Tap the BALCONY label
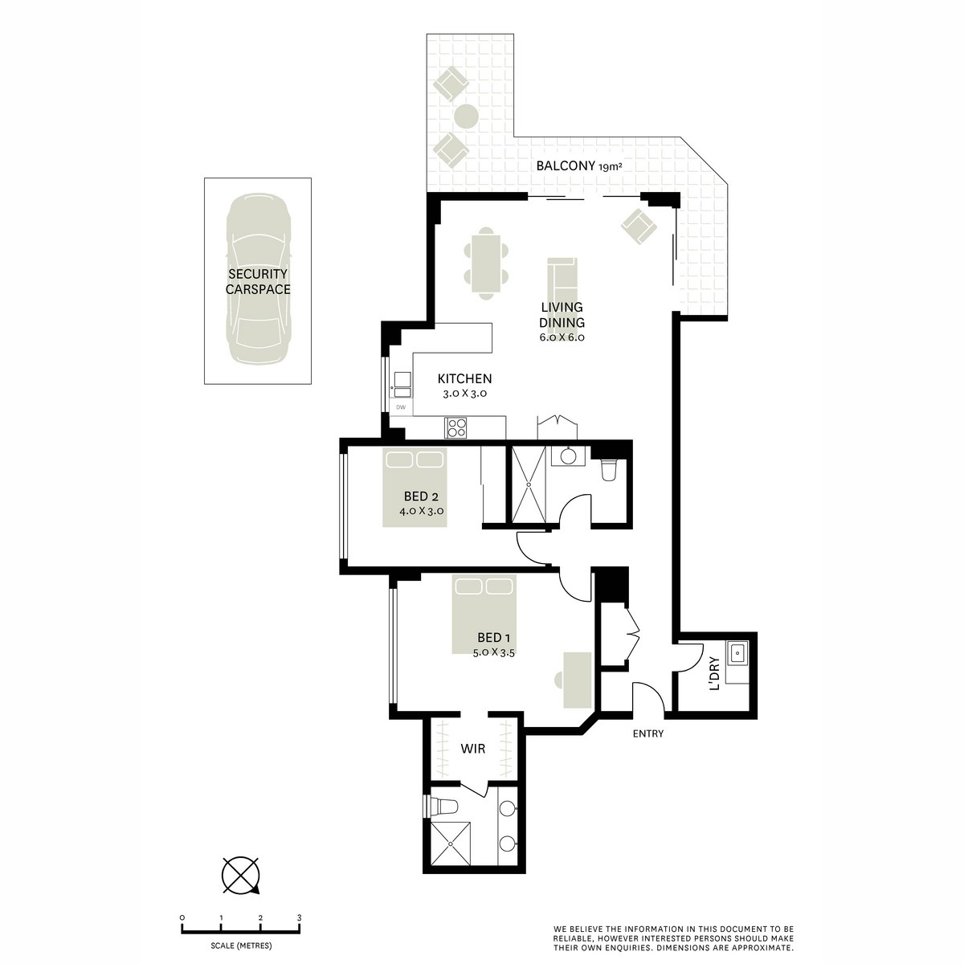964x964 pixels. pos(566,167)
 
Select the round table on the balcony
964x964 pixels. pos(466,116)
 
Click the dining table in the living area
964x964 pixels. pos(486,263)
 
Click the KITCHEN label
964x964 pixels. pos(464,379)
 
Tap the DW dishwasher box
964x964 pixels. pos(401,407)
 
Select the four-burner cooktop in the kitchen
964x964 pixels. pos(457,427)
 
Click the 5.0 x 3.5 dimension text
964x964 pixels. pos(493,653)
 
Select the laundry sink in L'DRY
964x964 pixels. pos(737,654)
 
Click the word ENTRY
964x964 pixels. pos(647,733)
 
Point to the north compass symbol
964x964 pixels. pos(240,875)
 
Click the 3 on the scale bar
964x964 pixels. pos(299,917)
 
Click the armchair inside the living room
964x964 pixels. pos(639,227)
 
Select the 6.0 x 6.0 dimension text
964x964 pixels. pos(562,337)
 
